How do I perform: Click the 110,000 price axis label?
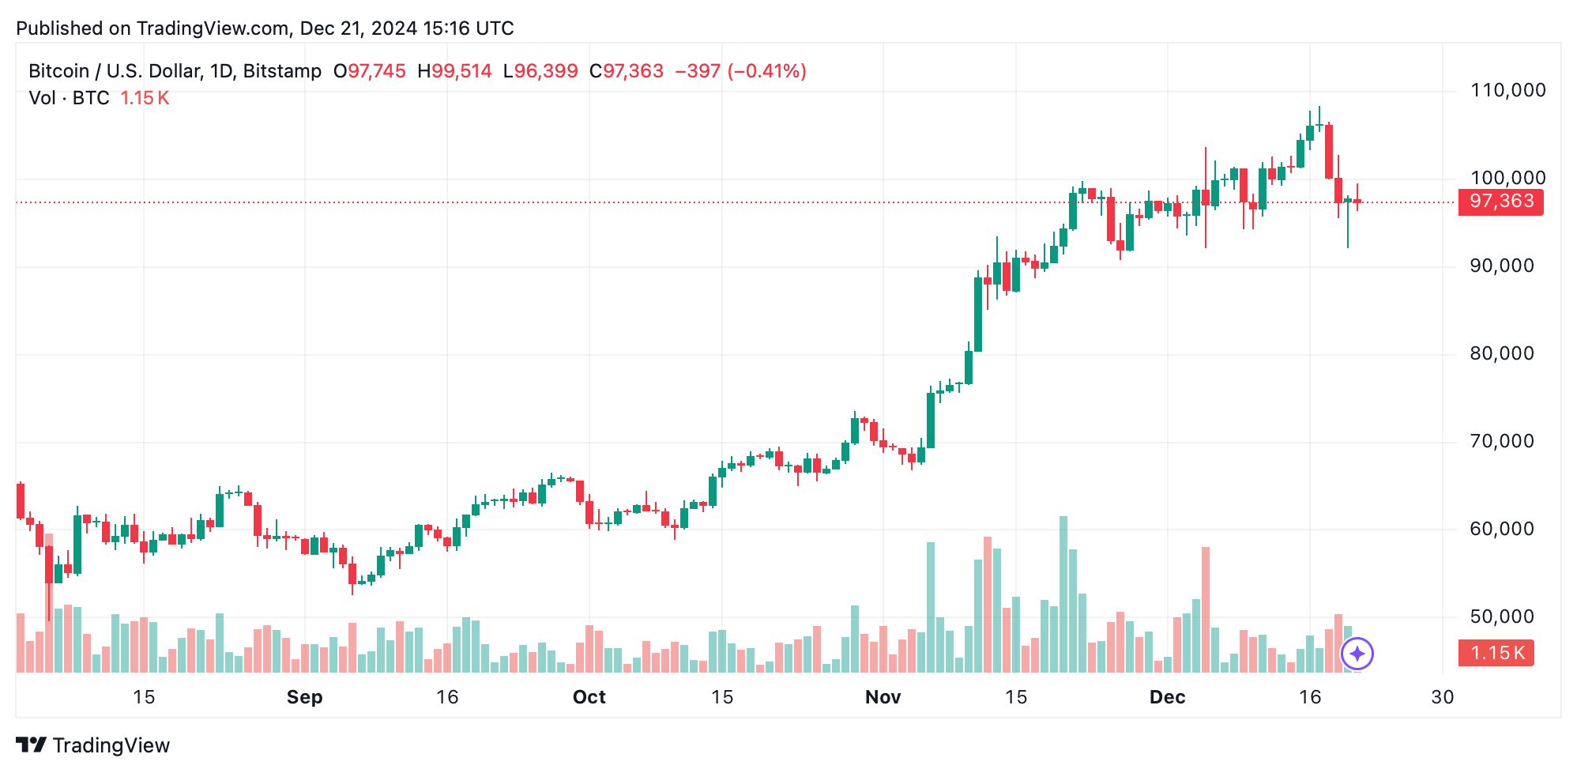click(1507, 90)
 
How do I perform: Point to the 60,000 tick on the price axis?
click(1501, 529)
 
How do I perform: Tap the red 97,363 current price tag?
click(1500, 202)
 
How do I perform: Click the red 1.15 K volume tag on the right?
click(1496, 653)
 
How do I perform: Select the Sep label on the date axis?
click(304, 697)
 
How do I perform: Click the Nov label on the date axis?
click(883, 697)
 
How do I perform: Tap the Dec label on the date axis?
click(1167, 697)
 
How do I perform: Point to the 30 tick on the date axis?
click(1442, 697)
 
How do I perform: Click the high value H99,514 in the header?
click(454, 71)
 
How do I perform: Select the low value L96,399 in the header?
click(540, 71)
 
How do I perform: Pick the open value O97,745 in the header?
click(369, 71)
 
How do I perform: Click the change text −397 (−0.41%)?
click(740, 71)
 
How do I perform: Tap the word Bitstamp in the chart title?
click(282, 71)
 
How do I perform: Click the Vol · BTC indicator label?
click(69, 98)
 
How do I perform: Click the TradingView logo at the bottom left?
click(92, 745)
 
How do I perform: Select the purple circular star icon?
click(1357, 654)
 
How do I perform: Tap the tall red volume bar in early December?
click(1206, 609)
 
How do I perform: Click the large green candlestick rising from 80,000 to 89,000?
click(978, 314)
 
